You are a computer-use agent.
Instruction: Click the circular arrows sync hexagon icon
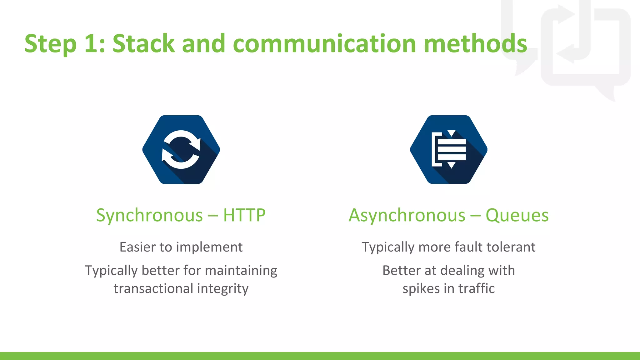click(x=181, y=149)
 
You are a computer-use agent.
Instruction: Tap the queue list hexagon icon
click(x=449, y=149)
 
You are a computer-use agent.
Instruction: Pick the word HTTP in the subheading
click(x=244, y=215)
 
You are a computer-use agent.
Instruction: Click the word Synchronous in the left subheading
click(x=149, y=215)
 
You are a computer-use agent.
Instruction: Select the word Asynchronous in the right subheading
click(x=407, y=215)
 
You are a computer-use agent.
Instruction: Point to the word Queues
click(x=517, y=215)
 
